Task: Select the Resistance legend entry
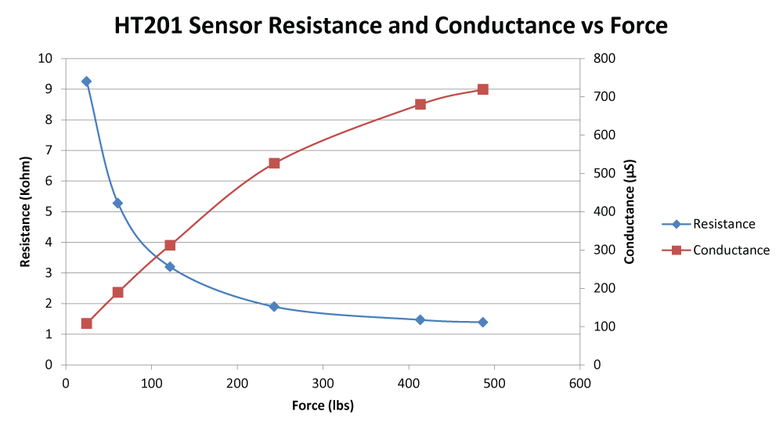coord(723,224)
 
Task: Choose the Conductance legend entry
coord(731,251)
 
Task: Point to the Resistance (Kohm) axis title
coord(26,211)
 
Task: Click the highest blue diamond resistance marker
coord(86,81)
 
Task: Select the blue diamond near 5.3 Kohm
coord(117,203)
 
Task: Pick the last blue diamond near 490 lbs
coord(483,322)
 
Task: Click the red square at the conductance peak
coord(483,89)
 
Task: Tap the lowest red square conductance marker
coord(86,323)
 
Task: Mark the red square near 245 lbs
coord(274,163)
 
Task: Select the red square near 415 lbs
coord(420,104)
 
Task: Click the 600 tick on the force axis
coord(579,384)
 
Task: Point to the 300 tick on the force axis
coord(322,384)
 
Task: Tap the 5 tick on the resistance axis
coord(49,211)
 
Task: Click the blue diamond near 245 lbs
coord(274,306)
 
